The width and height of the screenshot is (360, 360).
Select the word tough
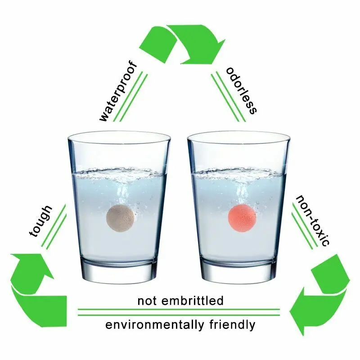click(41, 220)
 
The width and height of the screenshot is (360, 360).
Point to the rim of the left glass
click(119, 136)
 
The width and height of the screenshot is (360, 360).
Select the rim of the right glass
click(238, 136)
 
